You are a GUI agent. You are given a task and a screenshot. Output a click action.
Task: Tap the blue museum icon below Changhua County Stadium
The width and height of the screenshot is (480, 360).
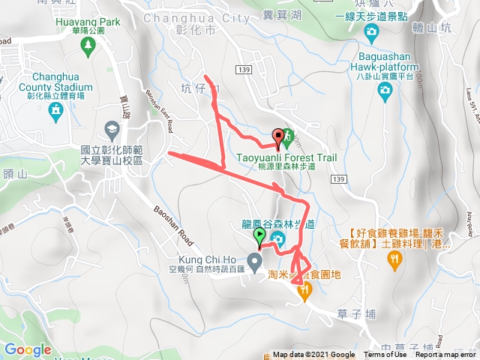(55, 112)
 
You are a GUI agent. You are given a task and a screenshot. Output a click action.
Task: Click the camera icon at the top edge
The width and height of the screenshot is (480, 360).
(370, 31)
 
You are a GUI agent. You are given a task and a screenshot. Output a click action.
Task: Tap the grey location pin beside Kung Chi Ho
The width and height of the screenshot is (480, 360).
(255, 262)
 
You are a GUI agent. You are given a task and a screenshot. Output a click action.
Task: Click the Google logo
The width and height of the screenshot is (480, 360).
(28, 349)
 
